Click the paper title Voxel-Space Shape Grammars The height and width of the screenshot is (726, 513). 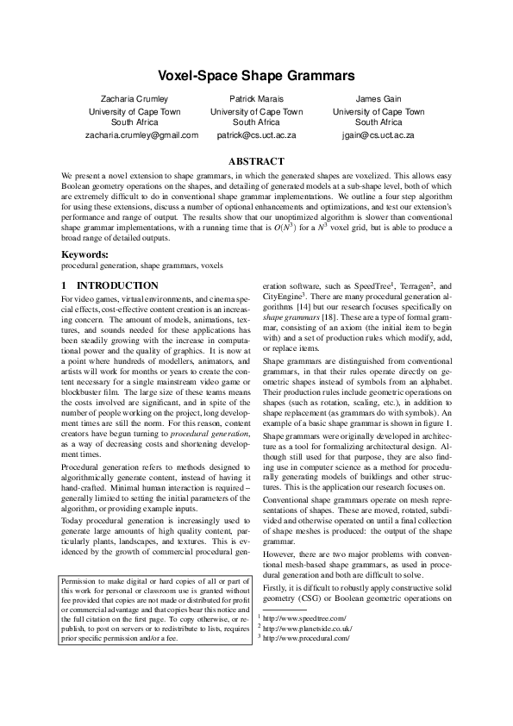pyautogui.click(x=256, y=77)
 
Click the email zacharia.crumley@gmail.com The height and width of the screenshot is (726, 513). pyautogui.click(x=141, y=135)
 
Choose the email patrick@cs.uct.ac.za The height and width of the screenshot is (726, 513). pyautogui.click(x=256, y=135)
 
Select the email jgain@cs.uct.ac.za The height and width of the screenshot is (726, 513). pyautogui.click(x=378, y=135)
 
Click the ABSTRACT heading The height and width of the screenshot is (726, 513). pyautogui.click(x=256, y=161)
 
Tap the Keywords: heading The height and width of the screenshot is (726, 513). pyautogui.click(x=83, y=255)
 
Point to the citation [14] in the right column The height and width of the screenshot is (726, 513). pyautogui.click(x=304, y=306)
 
